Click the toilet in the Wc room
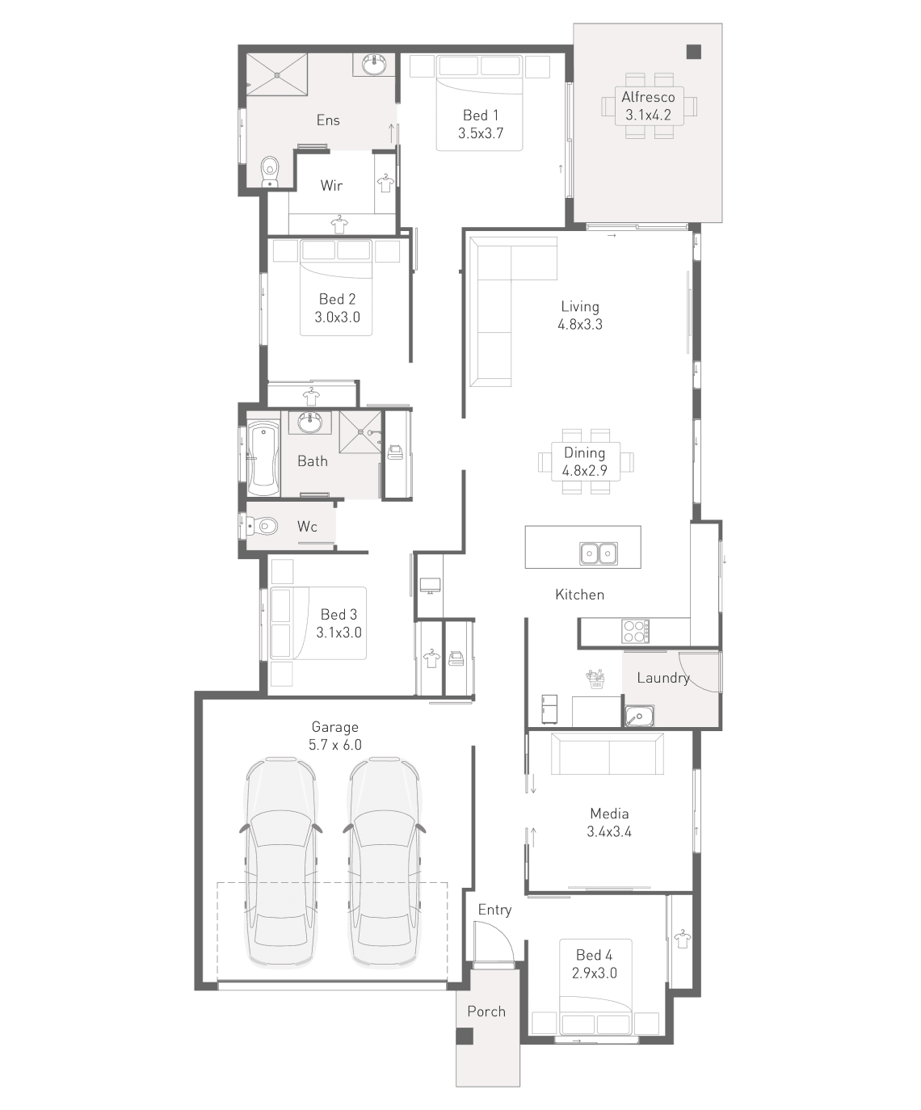[263, 526]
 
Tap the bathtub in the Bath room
[263, 459]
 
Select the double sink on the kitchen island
[598, 553]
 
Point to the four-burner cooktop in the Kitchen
[636, 632]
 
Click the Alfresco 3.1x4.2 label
[648, 106]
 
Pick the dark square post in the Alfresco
[693, 52]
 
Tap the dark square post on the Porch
[465, 1036]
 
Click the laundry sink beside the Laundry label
[638, 716]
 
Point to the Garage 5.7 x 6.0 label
[335, 736]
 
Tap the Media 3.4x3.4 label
[609, 822]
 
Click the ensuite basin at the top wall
[374, 65]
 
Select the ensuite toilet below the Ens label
[270, 171]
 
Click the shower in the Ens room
[277, 74]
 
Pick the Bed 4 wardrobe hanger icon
[682, 940]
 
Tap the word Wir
[331, 186]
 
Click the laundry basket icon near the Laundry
[596, 679]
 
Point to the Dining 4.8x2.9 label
[584, 461]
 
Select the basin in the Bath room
[309, 422]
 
